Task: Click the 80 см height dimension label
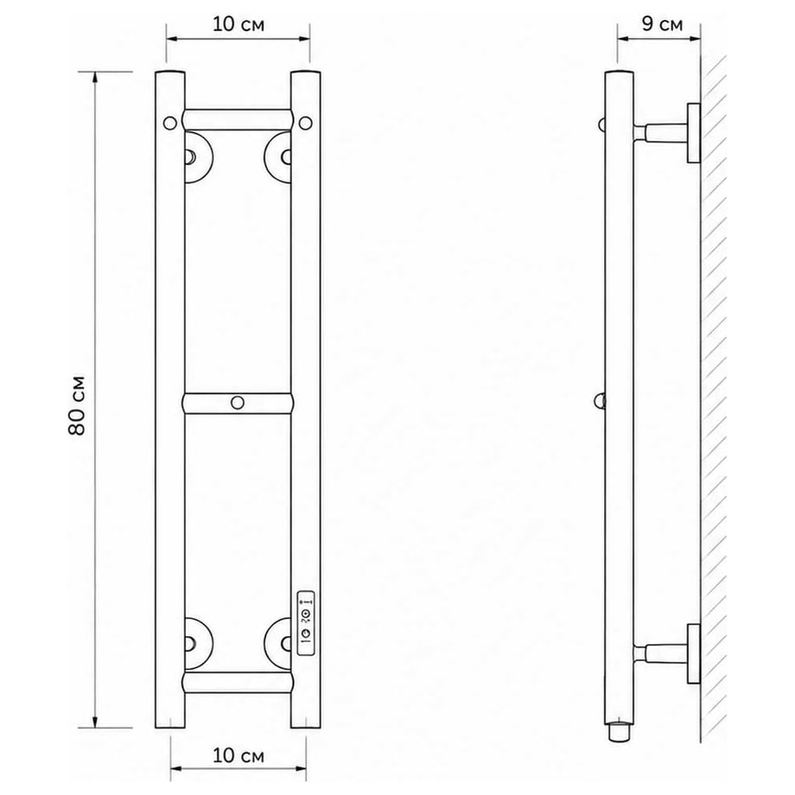click(x=77, y=405)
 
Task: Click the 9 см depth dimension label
click(x=661, y=23)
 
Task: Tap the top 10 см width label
click(x=238, y=24)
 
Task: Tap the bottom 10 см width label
click(x=238, y=755)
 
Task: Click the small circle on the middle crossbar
click(x=237, y=402)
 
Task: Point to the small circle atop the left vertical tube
click(x=170, y=122)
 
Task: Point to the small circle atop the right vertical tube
click(x=305, y=122)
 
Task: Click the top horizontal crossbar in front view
click(x=237, y=120)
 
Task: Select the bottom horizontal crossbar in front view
click(x=237, y=683)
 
